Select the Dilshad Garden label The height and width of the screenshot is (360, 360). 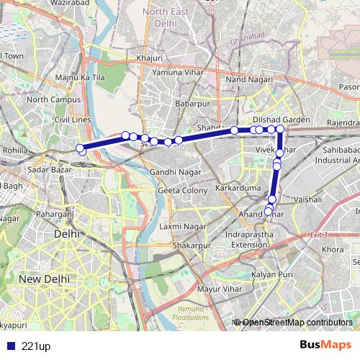tap(281, 120)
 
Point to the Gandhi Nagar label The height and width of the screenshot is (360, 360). tap(172, 173)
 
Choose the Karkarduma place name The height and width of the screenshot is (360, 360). tap(235, 189)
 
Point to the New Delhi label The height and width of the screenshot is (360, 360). tap(45, 278)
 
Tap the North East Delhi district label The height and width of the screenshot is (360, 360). tap(171, 17)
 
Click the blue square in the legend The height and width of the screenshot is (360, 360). tap(9, 346)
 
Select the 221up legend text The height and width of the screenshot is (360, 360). tap(36, 346)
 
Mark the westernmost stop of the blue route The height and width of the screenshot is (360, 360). tap(81, 149)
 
